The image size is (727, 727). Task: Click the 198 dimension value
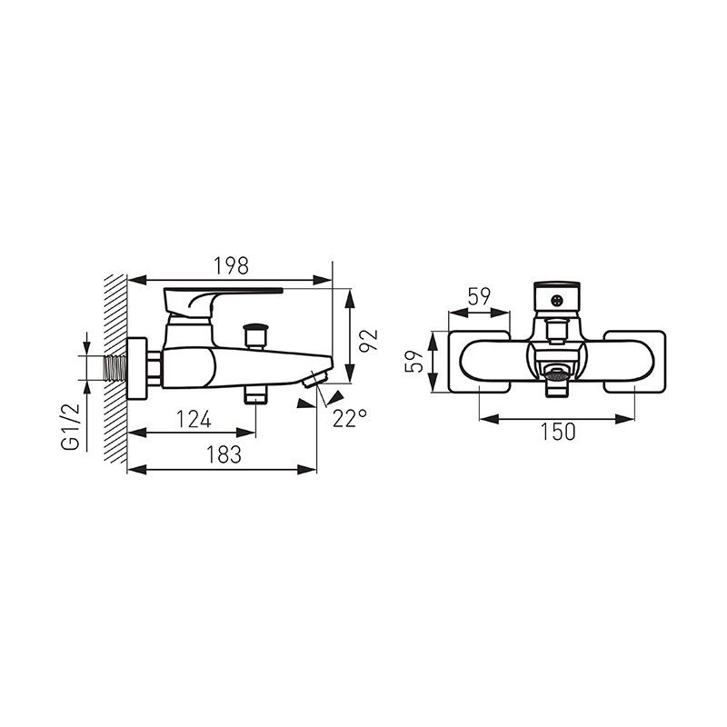(231, 265)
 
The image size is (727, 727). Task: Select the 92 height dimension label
(370, 340)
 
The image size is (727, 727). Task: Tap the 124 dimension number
(194, 419)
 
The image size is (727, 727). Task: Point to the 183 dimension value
(224, 454)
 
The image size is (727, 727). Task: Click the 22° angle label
(350, 418)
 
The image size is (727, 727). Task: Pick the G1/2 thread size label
(71, 427)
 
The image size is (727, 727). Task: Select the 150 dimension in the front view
(558, 432)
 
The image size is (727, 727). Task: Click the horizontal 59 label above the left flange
(480, 297)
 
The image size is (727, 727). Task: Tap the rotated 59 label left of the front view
(414, 361)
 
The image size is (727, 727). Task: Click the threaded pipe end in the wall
(115, 369)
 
